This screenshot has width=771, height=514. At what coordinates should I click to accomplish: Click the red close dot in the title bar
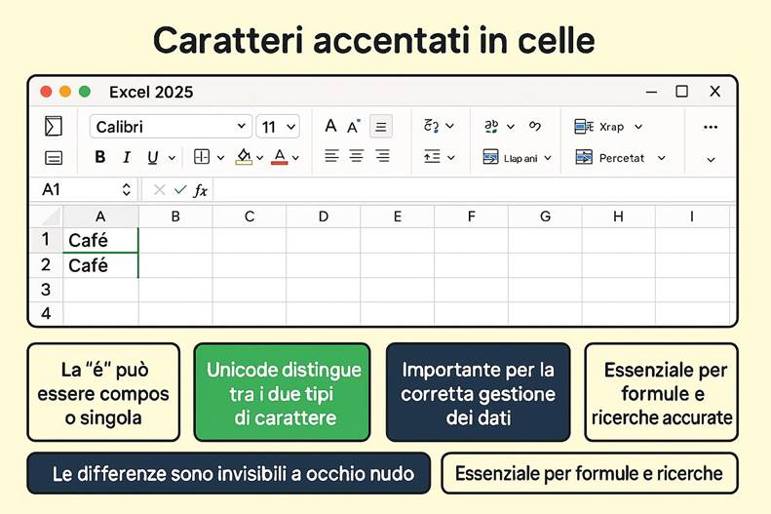[x=46, y=92]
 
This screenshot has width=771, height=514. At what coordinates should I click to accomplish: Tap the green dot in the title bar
[x=85, y=92]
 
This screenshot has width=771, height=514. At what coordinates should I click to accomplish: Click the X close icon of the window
[x=714, y=92]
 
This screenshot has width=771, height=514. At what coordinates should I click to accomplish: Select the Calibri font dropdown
[x=171, y=127]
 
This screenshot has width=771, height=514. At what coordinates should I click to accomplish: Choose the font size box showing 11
[x=278, y=127]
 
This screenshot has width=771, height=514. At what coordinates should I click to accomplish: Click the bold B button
[x=99, y=157]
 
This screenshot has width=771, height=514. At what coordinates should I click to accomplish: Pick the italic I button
[x=126, y=157]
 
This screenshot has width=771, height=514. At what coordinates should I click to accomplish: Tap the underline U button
[x=152, y=157]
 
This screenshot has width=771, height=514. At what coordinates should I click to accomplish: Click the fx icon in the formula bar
[x=200, y=190]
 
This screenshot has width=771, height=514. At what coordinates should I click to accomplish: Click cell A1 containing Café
[x=100, y=240]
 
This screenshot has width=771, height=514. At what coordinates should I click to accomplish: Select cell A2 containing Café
[x=100, y=265]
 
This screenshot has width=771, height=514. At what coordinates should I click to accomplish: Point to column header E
[x=398, y=217]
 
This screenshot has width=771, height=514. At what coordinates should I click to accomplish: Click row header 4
[x=45, y=314]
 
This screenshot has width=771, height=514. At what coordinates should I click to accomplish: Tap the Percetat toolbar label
[x=621, y=157]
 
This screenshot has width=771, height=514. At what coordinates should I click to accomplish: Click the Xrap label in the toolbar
[x=611, y=127]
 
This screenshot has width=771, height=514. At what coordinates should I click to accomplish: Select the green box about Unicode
[x=282, y=392]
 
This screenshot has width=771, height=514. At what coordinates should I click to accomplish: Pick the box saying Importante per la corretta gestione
[x=478, y=392]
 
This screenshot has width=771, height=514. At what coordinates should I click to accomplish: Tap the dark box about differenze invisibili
[x=228, y=474]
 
